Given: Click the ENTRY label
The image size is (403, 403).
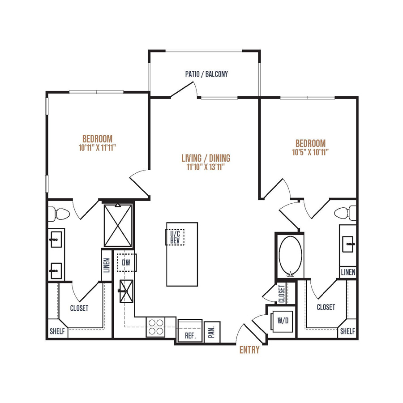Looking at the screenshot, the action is pyautogui.click(x=249, y=350).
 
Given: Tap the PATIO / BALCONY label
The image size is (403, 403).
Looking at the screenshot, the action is pyautogui.click(x=206, y=74).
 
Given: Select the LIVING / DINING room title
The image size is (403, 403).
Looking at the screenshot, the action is pyautogui.click(x=206, y=158).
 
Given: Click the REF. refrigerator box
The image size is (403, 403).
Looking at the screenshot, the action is pyautogui.click(x=190, y=331).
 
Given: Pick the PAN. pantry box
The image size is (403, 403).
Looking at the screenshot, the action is pyautogui.click(x=212, y=332).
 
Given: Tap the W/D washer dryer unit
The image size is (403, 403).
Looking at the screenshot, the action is pyautogui.click(x=283, y=321).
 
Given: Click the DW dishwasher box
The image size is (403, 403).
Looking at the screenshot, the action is pyautogui.click(x=126, y=262).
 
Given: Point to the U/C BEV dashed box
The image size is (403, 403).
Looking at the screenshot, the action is pyautogui.click(x=175, y=237).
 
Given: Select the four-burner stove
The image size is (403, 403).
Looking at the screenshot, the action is pyautogui.click(x=156, y=327).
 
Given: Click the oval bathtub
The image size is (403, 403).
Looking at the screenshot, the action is pyautogui.click(x=291, y=256).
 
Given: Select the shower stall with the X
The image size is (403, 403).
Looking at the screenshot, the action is pyautogui.click(x=118, y=225).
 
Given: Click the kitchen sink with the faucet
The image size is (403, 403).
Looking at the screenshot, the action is pyautogui.click(x=126, y=291).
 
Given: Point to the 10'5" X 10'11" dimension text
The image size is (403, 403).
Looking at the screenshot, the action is pyautogui.click(x=310, y=152).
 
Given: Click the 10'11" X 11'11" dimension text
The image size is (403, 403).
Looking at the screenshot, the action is pyautogui.click(x=98, y=148).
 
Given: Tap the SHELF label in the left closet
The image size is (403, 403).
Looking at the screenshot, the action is pyautogui.click(x=57, y=331).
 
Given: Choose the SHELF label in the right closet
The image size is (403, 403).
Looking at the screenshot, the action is pyautogui.click(x=347, y=331).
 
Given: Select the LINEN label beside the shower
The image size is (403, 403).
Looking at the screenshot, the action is pyautogui.click(x=107, y=265).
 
